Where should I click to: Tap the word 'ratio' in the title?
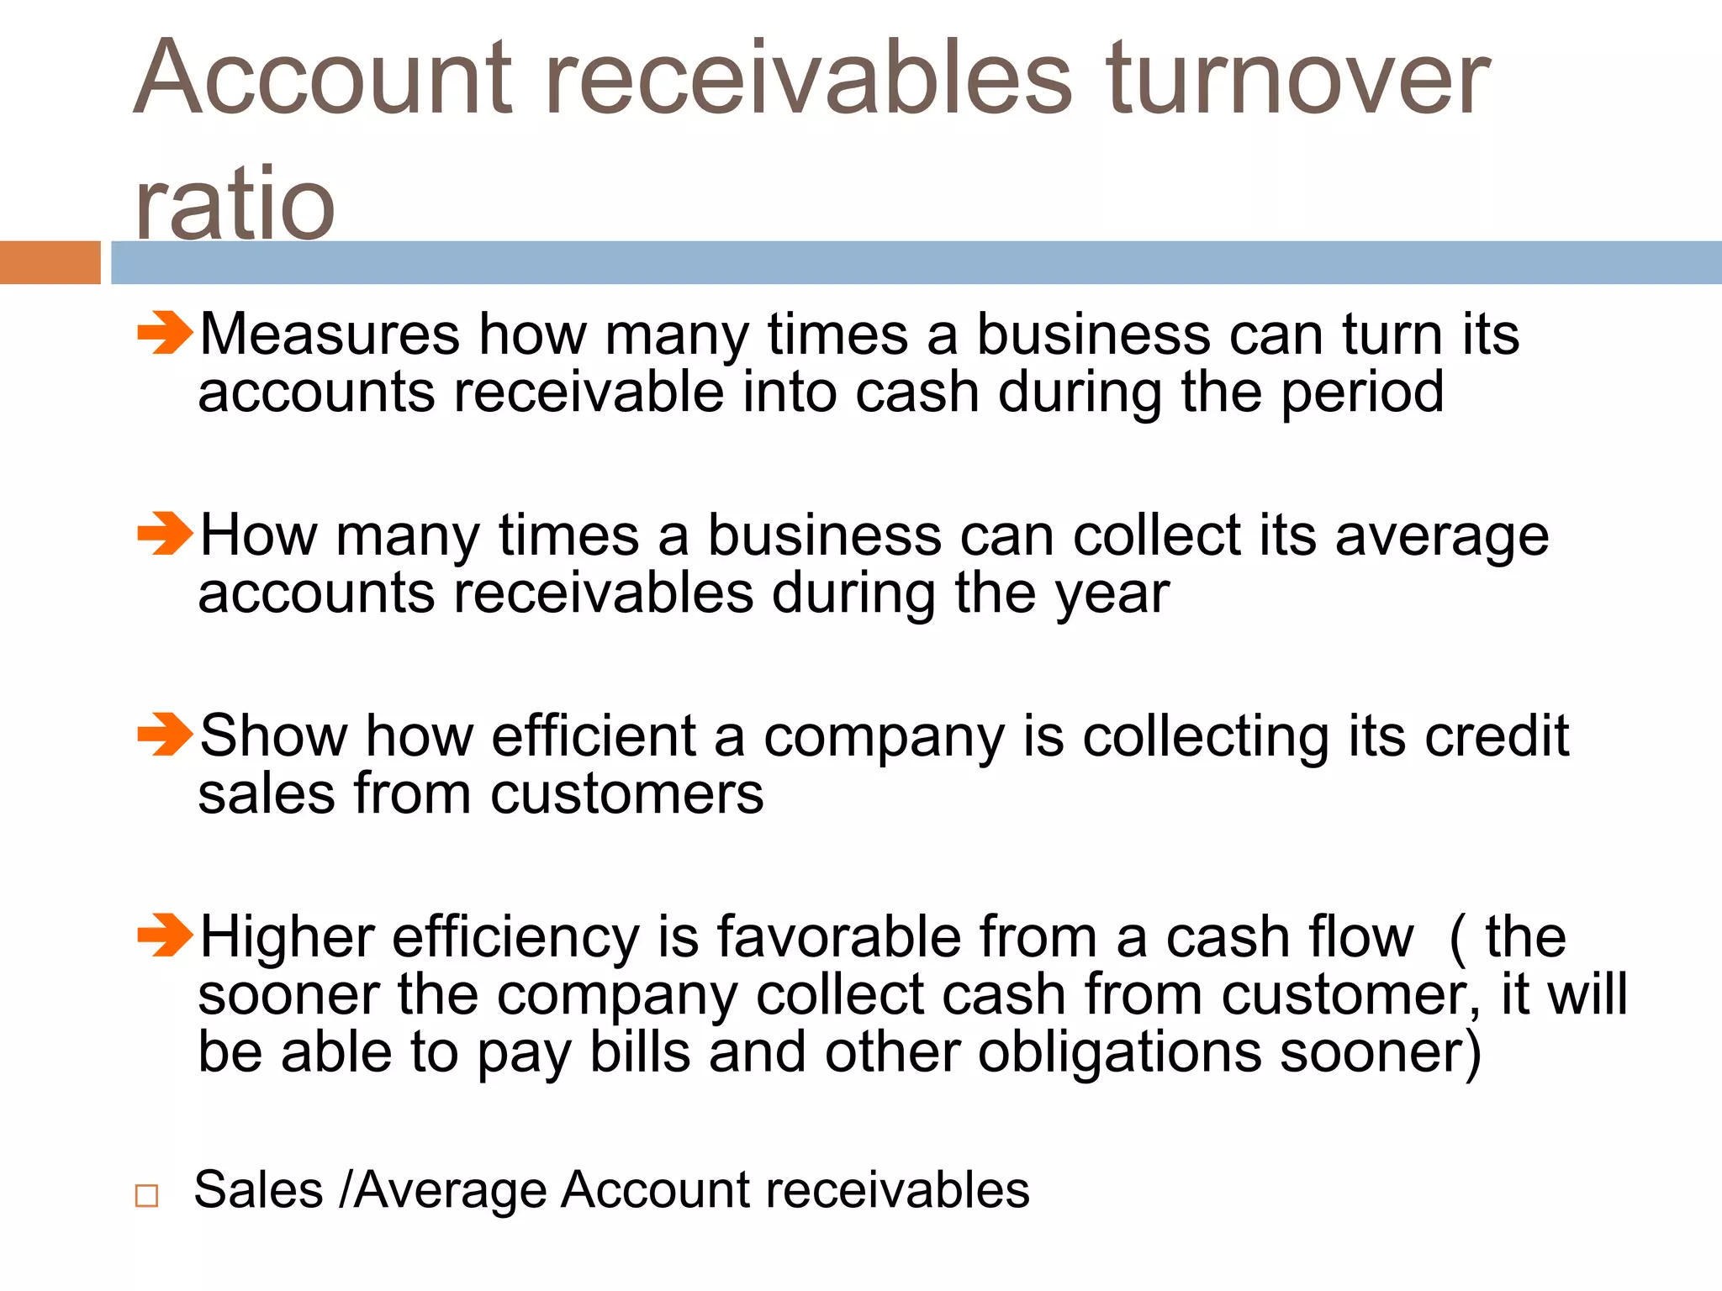click(x=235, y=203)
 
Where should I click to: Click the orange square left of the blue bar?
click(x=50, y=262)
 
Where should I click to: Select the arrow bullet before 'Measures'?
click(x=165, y=333)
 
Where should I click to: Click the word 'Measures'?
click(x=330, y=335)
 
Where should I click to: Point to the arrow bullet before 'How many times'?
click(x=165, y=534)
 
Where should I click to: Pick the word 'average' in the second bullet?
click(x=1441, y=537)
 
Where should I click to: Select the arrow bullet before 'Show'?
click(x=165, y=734)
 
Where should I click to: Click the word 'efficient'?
click(x=594, y=736)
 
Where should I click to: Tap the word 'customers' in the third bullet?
click(x=627, y=794)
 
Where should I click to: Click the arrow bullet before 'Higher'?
click(x=165, y=935)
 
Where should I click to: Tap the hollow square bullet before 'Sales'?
click(x=146, y=1194)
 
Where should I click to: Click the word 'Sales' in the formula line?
click(x=258, y=1190)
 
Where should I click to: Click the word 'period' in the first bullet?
click(x=1362, y=393)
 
